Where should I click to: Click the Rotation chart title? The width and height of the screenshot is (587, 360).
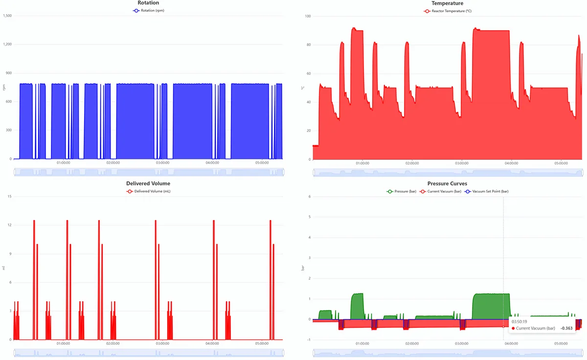pyautogui.click(x=148, y=3)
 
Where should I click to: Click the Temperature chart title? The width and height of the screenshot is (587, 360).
pyautogui.click(x=447, y=3)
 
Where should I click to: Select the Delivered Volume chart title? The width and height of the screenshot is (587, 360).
pyautogui.click(x=148, y=183)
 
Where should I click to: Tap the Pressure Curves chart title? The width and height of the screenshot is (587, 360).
pyautogui.click(x=447, y=183)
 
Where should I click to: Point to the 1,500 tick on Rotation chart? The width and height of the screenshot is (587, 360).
pyautogui.click(x=7, y=16)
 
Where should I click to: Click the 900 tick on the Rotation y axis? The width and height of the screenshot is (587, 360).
pyautogui.click(x=9, y=73)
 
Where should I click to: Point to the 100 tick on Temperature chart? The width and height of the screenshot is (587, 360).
pyautogui.click(x=308, y=16)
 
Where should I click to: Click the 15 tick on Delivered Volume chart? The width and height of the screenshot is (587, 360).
pyautogui.click(x=10, y=197)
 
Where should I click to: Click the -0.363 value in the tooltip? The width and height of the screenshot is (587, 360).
pyautogui.click(x=565, y=328)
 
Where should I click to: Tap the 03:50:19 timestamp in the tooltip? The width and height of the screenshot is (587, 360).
pyautogui.click(x=519, y=321)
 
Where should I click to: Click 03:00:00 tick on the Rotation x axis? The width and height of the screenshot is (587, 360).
pyautogui.click(x=162, y=163)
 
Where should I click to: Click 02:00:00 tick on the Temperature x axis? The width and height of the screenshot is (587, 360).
pyautogui.click(x=412, y=163)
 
